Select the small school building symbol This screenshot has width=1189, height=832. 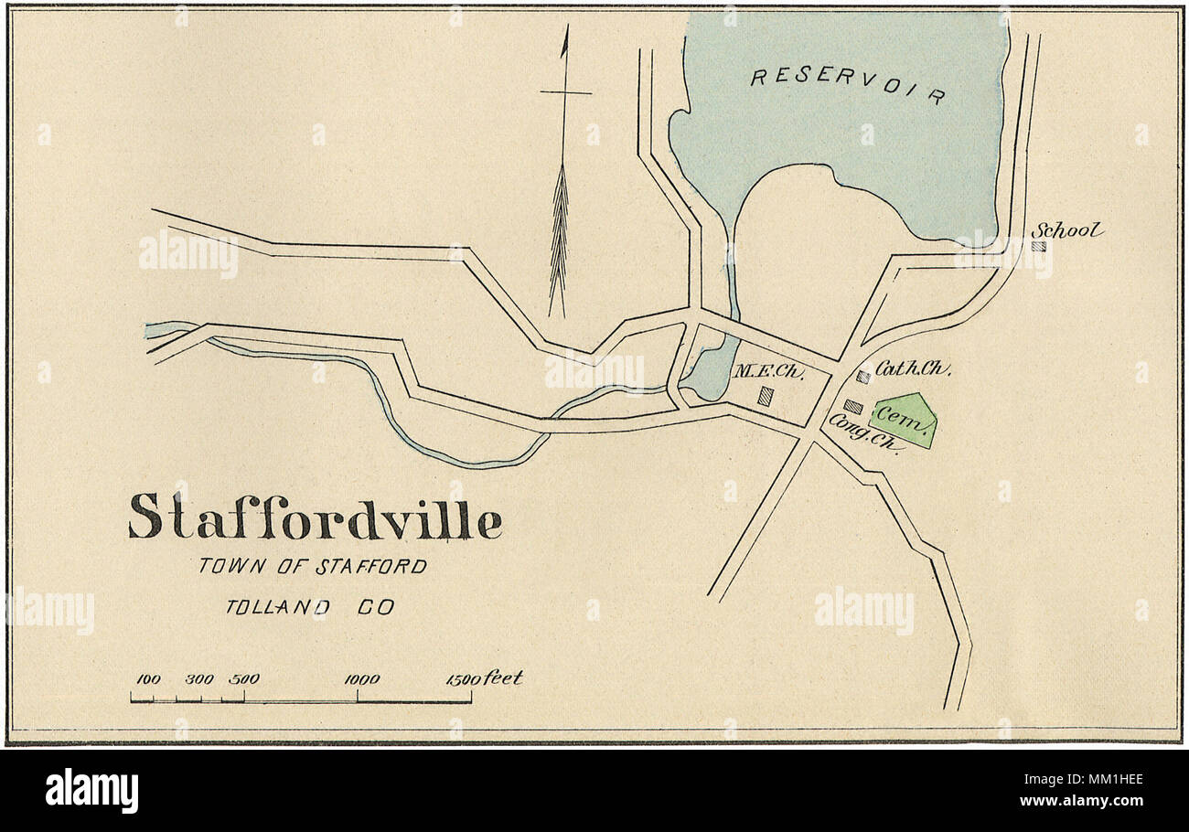pyautogui.click(x=1038, y=246)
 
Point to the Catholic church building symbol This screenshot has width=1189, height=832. pyautogui.click(x=862, y=376)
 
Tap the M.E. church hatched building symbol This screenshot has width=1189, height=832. pyautogui.click(x=765, y=396)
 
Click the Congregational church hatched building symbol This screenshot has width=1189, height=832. pyautogui.click(x=852, y=406)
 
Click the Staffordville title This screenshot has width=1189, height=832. pyautogui.click(x=315, y=517)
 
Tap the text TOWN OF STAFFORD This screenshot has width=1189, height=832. pyautogui.click(x=313, y=567)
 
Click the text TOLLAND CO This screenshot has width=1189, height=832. pyautogui.click(x=310, y=607)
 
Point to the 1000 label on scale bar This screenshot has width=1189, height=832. pyautogui.click(x=361, y=679)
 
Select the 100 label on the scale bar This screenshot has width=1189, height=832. pyautogui.click(x=148, y=679)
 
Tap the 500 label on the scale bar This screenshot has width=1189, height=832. pyautogui.click(x=244, y=679)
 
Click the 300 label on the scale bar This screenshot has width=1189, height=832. pyautogui.click(x=198, y=679)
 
